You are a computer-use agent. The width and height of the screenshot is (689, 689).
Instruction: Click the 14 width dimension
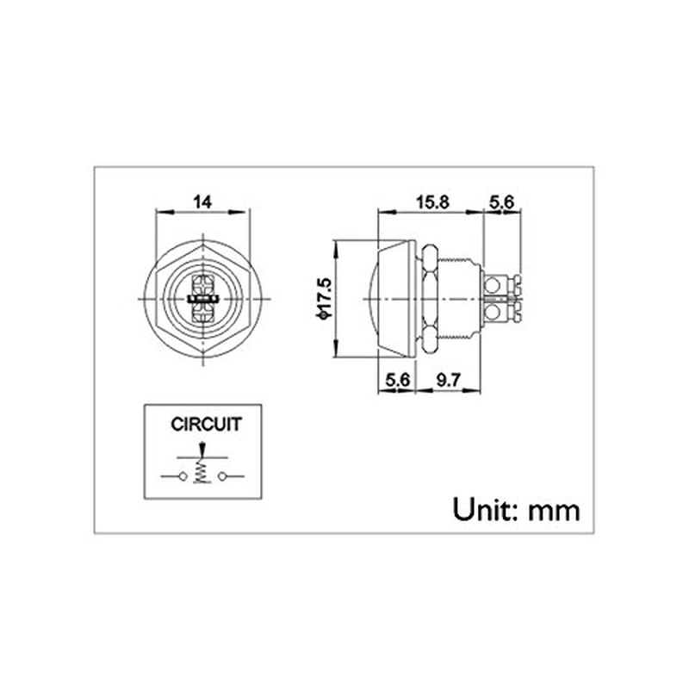[x=202, y=202]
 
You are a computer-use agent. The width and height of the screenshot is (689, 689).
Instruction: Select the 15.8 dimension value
[x=432, y=202]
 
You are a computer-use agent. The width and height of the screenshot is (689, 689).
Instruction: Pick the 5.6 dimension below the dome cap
[x=396, y=378]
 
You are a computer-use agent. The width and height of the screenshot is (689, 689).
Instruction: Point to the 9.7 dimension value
[x=449, y=378]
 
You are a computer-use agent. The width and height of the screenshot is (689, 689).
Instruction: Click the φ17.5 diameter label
[x=325, y=298]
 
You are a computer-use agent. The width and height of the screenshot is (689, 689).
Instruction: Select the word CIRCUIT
[x=206, y=424]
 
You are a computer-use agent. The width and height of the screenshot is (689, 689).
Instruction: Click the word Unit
[x=482, y=509]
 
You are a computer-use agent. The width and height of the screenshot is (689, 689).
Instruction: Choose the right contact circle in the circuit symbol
[x=223, y=476]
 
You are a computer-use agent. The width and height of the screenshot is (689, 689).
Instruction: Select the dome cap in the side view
[x=396, y=297]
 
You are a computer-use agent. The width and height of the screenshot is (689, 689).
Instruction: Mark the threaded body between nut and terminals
[x=461, y=297]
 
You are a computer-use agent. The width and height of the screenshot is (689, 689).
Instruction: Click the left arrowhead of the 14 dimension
[x=158, y=213]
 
